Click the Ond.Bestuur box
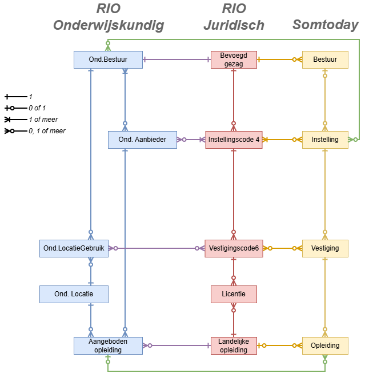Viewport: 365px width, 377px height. click(108, 59)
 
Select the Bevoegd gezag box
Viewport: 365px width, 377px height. click(234, 59)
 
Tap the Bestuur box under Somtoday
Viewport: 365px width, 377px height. click(325, 59)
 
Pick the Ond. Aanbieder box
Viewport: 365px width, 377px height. click(142, 140)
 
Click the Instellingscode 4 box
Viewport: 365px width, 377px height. click(234, 140)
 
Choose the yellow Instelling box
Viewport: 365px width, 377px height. click(325, 140)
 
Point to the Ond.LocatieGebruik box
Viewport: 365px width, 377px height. click(74, 248)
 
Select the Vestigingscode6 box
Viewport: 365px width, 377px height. click(234, 248)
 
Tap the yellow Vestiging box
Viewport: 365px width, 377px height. click(325, 248)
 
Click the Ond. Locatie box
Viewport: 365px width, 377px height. click(74, 294)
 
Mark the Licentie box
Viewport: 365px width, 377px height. click(234, 294)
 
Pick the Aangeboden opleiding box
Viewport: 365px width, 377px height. click(108, 346)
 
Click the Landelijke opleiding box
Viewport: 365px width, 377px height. click(234, 346)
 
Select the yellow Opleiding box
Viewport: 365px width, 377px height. click(325, 346)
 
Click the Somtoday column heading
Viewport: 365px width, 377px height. click(325, 25)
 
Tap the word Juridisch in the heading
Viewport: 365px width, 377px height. click(234, 25)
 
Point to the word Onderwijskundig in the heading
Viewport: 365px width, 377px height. click(108, 25)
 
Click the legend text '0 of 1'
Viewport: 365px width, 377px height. click(37, 108)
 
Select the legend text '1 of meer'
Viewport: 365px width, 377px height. click(43, 120)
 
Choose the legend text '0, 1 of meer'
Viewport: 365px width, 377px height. click(47, 131)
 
